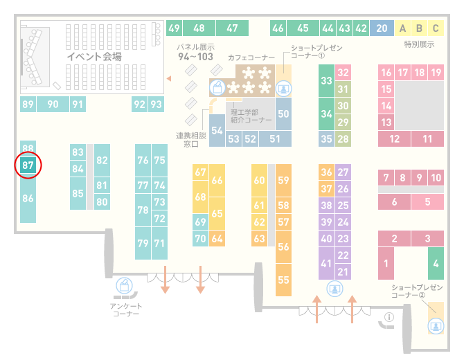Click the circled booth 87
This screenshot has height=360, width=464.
point(28,165)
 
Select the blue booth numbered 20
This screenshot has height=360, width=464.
point(382,28)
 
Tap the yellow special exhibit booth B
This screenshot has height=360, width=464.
point(419,28)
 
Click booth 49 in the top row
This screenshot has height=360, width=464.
point(174,28)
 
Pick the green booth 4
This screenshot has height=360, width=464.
point(436,263)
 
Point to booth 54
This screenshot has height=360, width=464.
point(217,130)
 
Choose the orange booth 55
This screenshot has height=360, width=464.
point(283,280)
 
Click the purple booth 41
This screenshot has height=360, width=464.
point(326,263)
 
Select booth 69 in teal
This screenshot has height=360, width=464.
point(200,222)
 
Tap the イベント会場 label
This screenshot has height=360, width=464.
point(94,57)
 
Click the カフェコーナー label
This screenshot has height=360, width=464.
point(251,57)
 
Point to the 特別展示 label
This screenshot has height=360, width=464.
point(419,44)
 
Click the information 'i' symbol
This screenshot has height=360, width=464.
point(389,317)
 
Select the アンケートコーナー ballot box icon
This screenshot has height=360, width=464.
point(124,285)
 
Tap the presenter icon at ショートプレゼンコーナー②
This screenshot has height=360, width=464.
point(436,326)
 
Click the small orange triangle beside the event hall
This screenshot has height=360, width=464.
point(169,78)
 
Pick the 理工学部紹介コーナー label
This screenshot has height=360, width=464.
point(251,116)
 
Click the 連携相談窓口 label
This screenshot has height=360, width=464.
point(191,140)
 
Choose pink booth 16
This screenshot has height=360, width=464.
point(386,73)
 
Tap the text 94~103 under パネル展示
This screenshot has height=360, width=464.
point(195,57)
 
